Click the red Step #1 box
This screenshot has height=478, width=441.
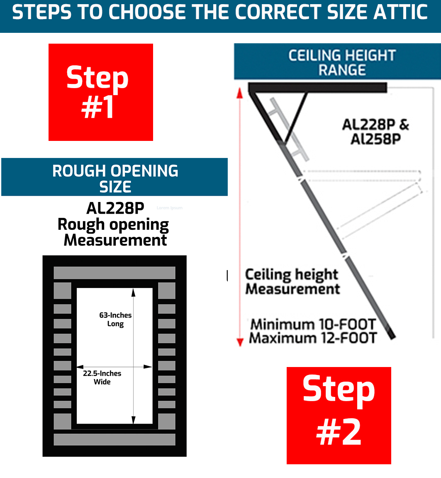pos(101,92)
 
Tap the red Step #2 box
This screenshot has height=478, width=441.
pos(339,415)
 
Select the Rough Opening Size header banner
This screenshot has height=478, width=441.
pos(115,177)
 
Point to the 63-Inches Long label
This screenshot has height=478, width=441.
pos(115,319)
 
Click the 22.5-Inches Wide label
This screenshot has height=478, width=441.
pos(102,377)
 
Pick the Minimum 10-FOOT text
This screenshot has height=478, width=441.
pos(313,324)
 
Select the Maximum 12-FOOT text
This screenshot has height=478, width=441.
pos(313,338)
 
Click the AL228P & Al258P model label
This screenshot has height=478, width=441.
pos(375,131)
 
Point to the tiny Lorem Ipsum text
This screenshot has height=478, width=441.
pos(169,208)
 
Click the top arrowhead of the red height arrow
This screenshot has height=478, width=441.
pos(239,92)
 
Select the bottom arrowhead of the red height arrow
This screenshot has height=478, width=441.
pos(239,342)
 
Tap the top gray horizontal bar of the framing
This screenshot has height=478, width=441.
pos(115,273)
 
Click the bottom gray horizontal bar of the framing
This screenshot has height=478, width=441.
pos(115,439)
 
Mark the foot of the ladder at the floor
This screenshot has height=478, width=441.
pos(392,335)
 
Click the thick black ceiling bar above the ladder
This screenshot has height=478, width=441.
pos(318,88)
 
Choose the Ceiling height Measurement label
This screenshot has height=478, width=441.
pos(292,281)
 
